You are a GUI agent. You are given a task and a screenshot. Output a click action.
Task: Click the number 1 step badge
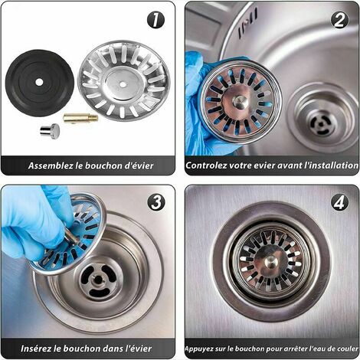155,20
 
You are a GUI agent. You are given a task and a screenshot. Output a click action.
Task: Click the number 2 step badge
339,20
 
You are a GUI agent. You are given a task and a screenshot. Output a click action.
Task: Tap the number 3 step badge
155,204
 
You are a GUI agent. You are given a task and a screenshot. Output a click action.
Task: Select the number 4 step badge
339,204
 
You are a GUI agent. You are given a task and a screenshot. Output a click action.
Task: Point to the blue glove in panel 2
198,100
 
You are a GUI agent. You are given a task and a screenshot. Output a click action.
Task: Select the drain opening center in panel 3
102,282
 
